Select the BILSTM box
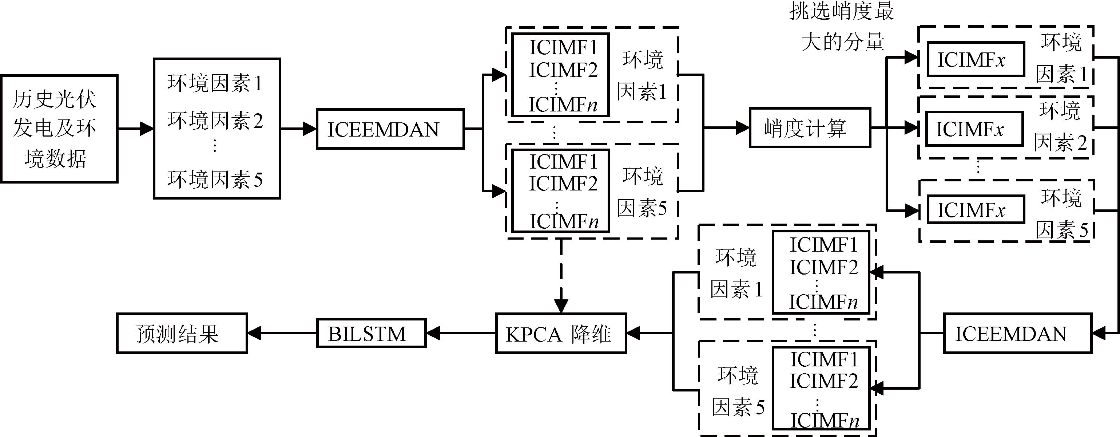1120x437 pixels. coord(371,334)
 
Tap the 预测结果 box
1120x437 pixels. coord(182,334)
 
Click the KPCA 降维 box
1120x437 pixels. coord(561,334)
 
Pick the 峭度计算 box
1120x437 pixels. coord(810,128)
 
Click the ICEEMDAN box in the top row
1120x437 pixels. coord(390,129)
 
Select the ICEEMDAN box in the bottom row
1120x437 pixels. coord(1017,334)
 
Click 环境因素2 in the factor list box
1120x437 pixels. coord(215,121)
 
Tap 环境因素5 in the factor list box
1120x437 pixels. coord(215,179)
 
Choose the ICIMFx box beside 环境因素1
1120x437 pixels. coord(976,60)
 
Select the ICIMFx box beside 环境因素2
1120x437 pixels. coord(974,129)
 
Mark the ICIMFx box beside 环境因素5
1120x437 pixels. coord(976,210)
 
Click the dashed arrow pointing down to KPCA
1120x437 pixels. coord(561,279)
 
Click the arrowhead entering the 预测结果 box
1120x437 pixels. coord(254,334)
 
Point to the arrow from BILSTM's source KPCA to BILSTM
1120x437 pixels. coord(461,334)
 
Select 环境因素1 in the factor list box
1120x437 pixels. coord(215,83)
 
